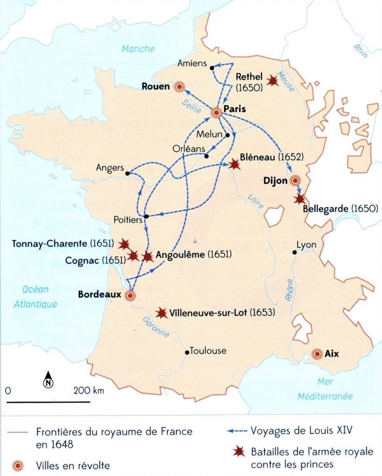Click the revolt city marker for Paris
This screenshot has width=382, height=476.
(216, 113)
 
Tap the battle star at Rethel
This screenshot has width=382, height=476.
(273, 81)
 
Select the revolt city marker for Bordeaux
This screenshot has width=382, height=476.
(130, 295)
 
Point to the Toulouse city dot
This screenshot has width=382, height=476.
(187, 353)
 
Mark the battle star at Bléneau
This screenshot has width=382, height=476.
(234, 164)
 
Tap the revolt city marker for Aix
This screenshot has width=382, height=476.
(316, 354)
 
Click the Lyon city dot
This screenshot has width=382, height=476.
(294, 252)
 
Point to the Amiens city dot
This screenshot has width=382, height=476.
(212, 67)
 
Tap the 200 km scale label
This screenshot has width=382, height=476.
(89, 390)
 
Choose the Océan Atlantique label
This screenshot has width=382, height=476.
(35, 297)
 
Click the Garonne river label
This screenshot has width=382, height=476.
(156, 327)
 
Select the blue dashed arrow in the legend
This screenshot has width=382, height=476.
(237, 431)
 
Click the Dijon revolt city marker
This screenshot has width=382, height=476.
(295, 181)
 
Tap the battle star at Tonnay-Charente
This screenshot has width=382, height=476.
(124, 244)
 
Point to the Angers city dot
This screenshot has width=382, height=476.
(127, 173)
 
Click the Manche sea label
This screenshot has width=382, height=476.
(138, 49)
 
